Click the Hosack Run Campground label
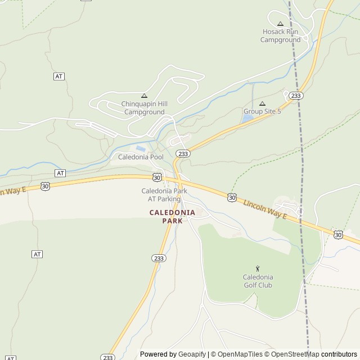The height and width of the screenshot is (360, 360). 280,36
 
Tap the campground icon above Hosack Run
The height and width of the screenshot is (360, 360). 280,24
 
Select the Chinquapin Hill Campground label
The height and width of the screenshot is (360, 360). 145,108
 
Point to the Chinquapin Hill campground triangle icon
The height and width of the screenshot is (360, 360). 145,96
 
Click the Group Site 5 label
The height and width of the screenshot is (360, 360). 262,111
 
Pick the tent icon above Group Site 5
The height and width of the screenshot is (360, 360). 262,103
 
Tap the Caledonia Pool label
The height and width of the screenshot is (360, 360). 141,157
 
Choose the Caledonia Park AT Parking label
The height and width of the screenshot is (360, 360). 164,195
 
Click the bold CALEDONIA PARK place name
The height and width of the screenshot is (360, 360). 172,217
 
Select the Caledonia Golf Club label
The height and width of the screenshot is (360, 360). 258,281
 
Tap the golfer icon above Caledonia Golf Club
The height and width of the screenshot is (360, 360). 258,269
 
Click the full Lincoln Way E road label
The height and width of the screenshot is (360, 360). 265,208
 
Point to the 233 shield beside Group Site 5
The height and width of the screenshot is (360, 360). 296,96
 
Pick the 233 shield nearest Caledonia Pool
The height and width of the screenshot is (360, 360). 182,153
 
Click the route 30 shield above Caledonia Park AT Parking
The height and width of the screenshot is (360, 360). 157,178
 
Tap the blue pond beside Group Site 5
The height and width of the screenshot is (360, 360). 248,119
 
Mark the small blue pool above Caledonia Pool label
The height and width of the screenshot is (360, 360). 141,148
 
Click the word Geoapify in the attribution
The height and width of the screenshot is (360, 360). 192,354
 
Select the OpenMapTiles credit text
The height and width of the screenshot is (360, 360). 240,354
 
